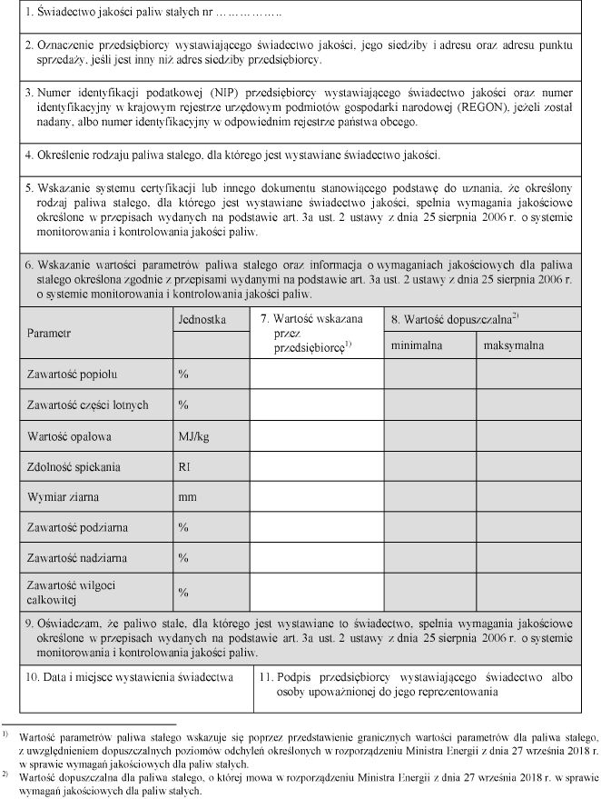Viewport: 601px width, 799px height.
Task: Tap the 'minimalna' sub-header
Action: coord(415,345)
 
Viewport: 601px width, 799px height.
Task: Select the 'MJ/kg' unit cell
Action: coord(193,435)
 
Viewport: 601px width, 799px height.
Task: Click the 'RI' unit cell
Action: coord(184,466)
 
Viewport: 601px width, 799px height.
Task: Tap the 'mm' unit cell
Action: coord(187,497)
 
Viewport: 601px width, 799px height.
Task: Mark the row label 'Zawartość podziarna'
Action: coord(76,527)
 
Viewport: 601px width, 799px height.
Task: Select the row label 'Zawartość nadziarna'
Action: coord(76,557)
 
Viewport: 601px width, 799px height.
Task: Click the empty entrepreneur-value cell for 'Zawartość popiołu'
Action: coord(316,374)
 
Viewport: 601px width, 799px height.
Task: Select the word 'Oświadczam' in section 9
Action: coord(72,624)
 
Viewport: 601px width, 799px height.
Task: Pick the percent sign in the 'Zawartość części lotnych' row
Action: coord(182,404)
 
